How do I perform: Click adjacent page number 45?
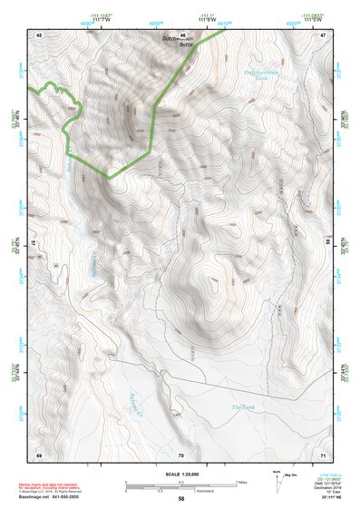pyautogui.click(x=40, y=34)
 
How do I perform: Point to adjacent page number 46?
pyautogui.click(x=182, y=34)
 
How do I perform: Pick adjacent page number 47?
pyautogui.click(x=323, y=34)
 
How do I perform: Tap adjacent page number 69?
pyautogui.click(x=39, y=454)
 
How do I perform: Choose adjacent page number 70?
pyautogui.click(x=181, y=454)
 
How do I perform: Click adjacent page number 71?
pyautogui.click(x=323, y=454)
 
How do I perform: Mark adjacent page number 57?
pyautogui.click(x=34, y=243)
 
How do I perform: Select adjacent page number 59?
pyautogui.click(x=328, y=243)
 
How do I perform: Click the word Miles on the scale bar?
pyautogui.click(x=240, y=482)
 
